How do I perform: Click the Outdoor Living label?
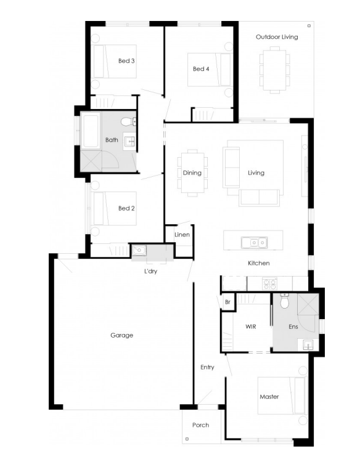point(277,37)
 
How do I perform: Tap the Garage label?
point(122,335)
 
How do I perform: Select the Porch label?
point(200,425)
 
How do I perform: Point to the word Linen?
point(182,235)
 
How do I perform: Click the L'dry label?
point(150,271)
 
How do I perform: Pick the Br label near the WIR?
point(227,302)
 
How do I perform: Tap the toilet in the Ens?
point(285,301)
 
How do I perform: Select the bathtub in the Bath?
point(90,131)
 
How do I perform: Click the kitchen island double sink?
point(255,243)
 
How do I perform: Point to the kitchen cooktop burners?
point(270,284)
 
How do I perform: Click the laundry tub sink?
point(139,250)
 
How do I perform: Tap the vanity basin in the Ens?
point(308,344)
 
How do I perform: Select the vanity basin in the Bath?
point(129,141)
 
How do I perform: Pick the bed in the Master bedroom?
point(282,395)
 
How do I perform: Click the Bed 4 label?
point(201,69)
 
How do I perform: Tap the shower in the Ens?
point(308,304)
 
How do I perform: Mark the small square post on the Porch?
point(187,439)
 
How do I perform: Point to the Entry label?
point(207,367)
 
